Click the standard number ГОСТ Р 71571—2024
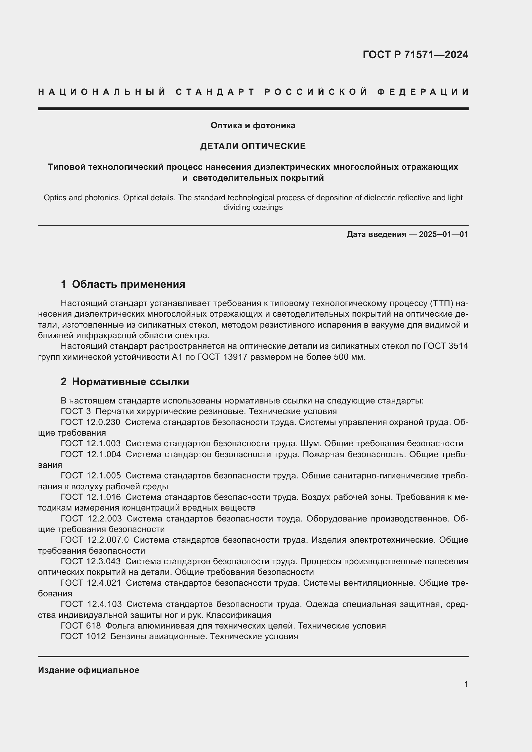click(x=415, y=55)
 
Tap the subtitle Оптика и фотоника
click(x=253, y=125)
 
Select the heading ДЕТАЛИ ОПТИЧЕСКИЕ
click(x=253, y=146)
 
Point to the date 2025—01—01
click(x=444, y=234)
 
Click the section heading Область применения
click(x=128, y=284)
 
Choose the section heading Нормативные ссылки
click(x=130, y=382)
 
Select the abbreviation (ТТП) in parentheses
click(x=440, y=304)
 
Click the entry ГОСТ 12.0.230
click(x=90, y=422)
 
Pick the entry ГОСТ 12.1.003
click(x=90, y=443)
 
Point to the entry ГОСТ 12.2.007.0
click(x=95, y=540)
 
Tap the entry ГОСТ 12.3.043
click(x=90, y=561)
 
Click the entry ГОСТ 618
click(x=81, y=626)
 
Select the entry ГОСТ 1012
click(x=83, y=636)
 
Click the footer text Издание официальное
click(x=88, y=670)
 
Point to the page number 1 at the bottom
click(x=466, y=684)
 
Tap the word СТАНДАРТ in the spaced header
click(x=215, y=92)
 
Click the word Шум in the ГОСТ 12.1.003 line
click(x=313, y=443)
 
